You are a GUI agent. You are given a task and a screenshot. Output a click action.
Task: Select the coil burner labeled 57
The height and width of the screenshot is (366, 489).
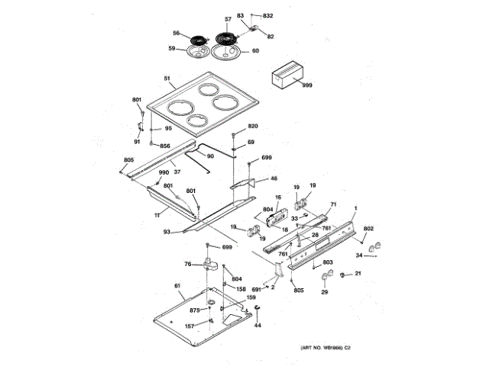[227, 37]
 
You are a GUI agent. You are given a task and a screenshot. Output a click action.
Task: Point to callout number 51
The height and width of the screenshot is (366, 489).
[166, 79]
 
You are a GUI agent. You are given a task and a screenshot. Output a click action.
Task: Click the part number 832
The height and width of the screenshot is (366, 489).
[267, 16]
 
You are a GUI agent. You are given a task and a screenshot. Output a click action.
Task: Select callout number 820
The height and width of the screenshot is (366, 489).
[254, 125]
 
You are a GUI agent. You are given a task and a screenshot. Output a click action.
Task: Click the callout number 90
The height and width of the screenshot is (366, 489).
[210, 156]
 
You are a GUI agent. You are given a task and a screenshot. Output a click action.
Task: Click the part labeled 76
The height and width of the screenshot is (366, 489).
[210, 263]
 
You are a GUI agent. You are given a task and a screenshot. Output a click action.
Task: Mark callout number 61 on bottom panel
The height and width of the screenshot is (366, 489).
[177, 287]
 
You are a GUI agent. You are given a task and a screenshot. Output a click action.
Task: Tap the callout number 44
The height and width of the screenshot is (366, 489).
[257, 325]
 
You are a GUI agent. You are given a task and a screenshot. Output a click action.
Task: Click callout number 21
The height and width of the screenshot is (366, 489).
[357, 274]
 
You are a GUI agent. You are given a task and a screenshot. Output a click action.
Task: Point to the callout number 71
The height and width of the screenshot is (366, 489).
[332, 204]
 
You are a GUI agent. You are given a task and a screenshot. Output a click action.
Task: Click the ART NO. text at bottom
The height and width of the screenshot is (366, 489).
[320, 348]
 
